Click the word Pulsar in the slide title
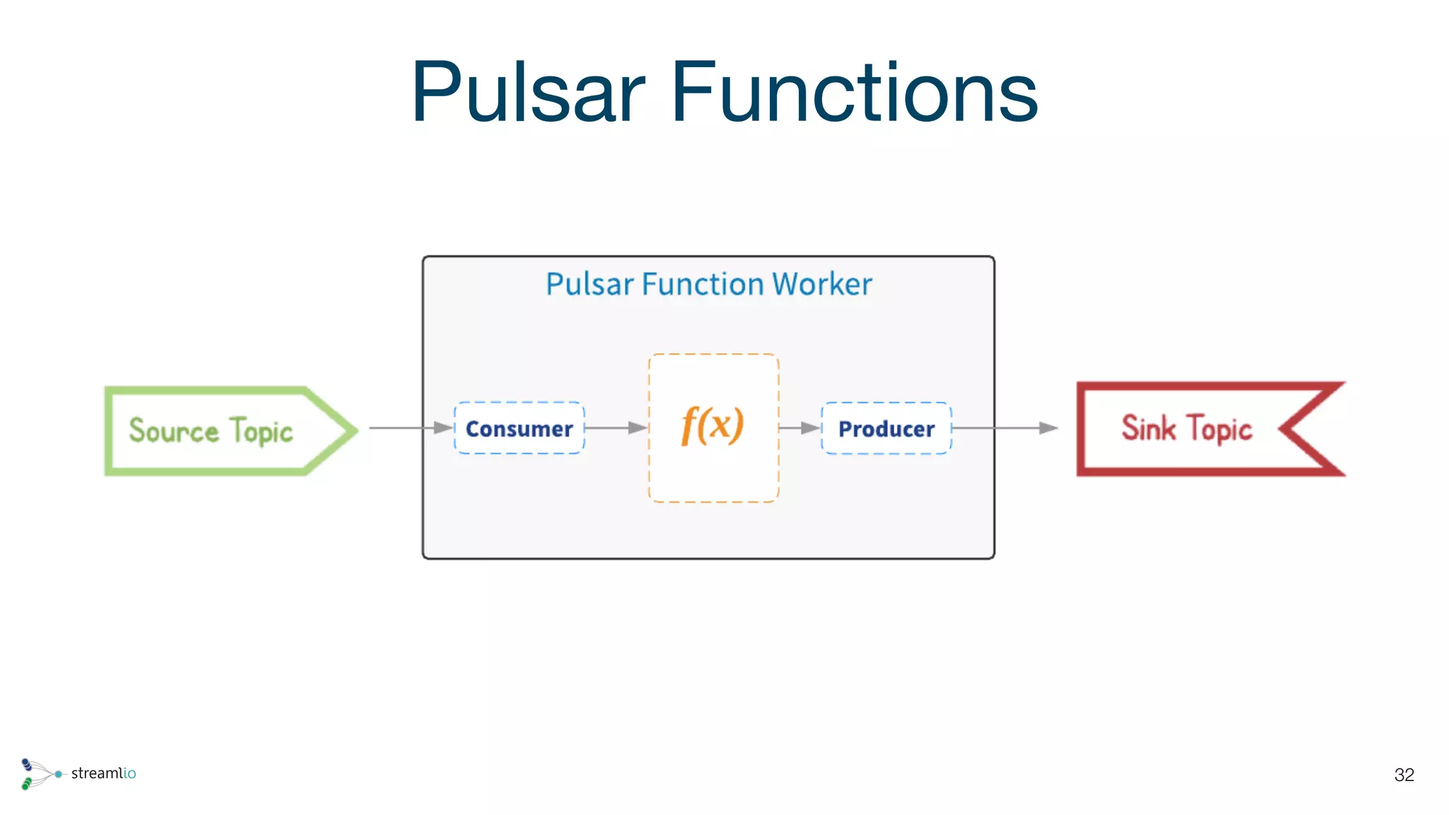pos(528,92)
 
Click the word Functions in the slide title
pos(854,92)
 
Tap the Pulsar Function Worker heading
pos(708,284)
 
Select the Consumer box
pos(519,428)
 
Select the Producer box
pos(886,428)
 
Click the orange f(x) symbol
pos(712,425)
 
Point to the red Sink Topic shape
pos(1203,429)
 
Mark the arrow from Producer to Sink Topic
pos(1005,428)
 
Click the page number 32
pos(1404,775)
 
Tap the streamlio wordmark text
pos(103,773)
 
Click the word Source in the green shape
pos(173,430)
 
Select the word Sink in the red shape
pos(1148,428)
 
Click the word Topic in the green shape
pos(261,432)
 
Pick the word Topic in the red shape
pos(1220,429)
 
